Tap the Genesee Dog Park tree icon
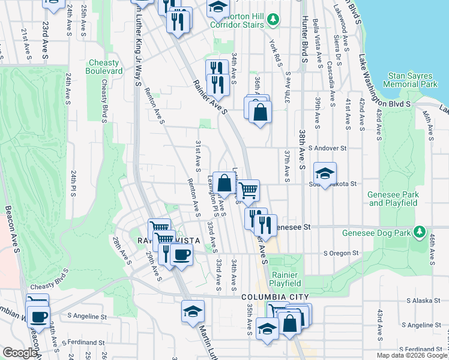point(420,232)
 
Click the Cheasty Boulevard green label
point(106,67)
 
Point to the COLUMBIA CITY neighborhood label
point(275,298)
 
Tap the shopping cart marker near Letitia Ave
point(248,191)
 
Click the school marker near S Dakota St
point(325,174)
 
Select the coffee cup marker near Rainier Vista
point(181,254)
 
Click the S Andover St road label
point(328,148)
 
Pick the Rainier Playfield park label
point(285,279)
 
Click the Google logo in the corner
point(20,353)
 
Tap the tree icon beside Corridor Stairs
point(273,20)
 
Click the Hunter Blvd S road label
point(305,38)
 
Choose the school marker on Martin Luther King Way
point(193,311)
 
